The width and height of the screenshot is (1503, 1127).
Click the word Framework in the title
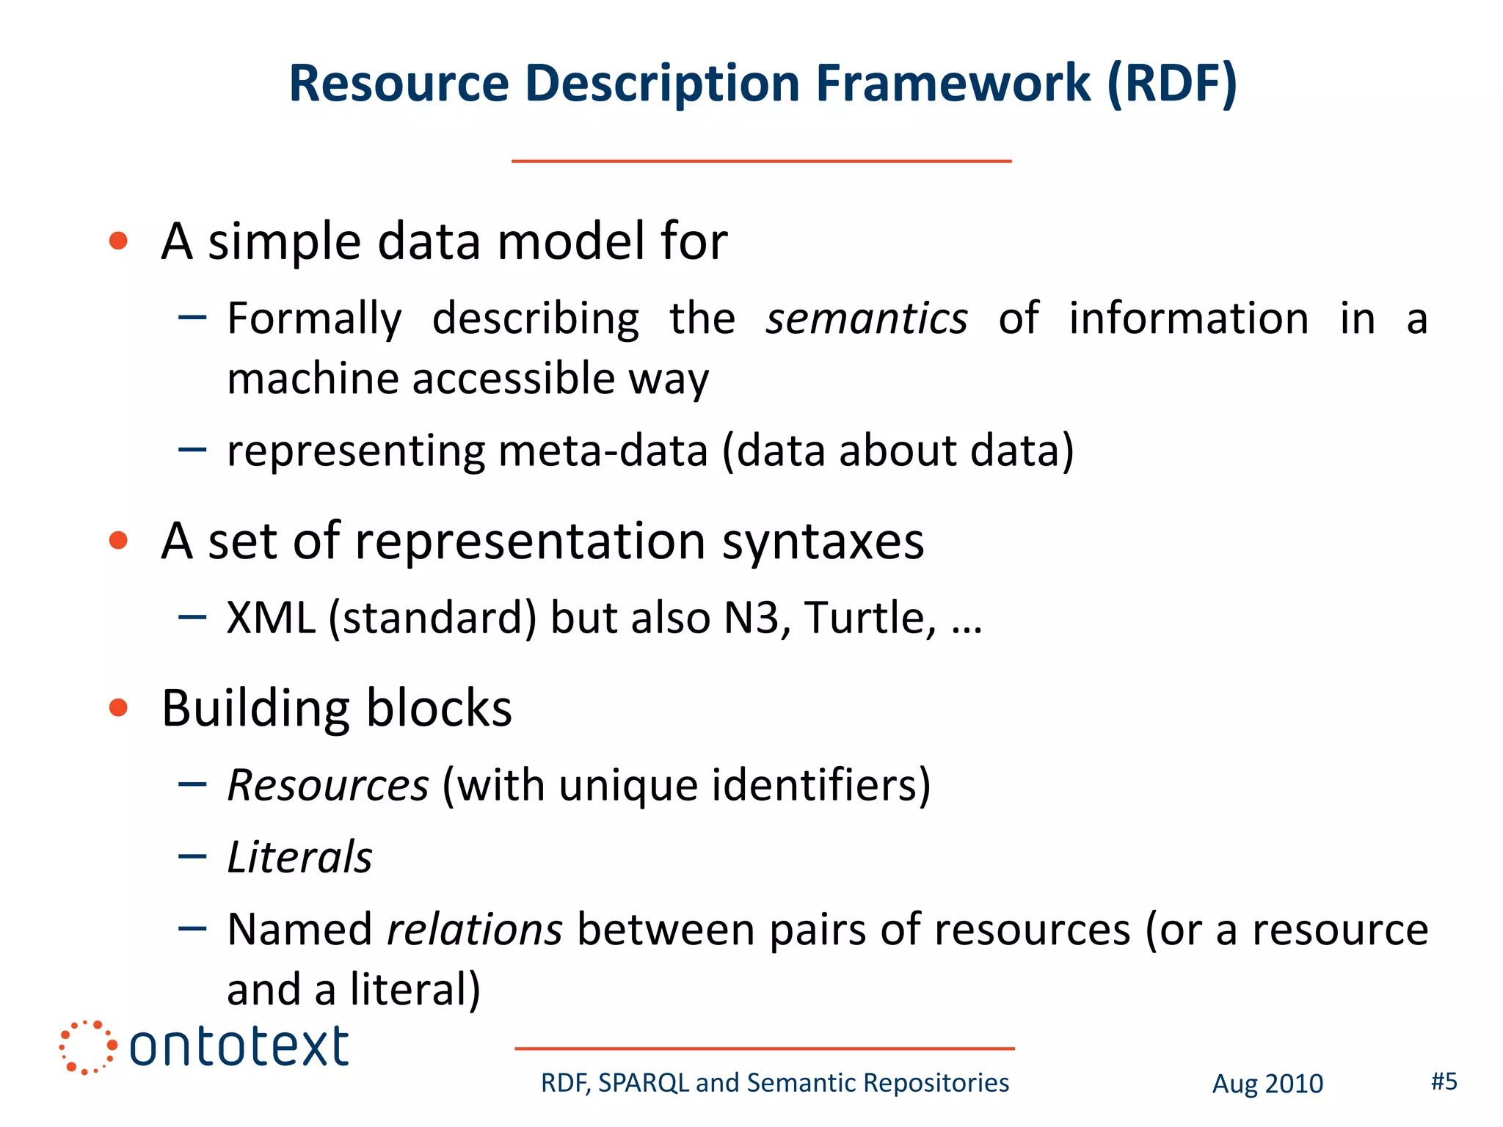953,83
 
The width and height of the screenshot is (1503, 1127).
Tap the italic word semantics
866,319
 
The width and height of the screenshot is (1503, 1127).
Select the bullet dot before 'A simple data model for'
118,241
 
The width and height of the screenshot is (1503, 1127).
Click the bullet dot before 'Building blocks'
118,707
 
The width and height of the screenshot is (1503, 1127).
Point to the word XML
271,618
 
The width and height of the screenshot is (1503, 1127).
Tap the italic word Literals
299,857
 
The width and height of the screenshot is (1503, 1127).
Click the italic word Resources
327,785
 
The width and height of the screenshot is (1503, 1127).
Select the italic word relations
474,930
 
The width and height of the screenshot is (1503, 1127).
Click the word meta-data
603,451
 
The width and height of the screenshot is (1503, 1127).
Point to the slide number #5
1444,1082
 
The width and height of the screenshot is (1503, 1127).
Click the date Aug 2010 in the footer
1267,1084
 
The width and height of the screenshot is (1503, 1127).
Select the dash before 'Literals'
192,856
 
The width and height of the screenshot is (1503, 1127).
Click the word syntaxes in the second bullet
823,541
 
